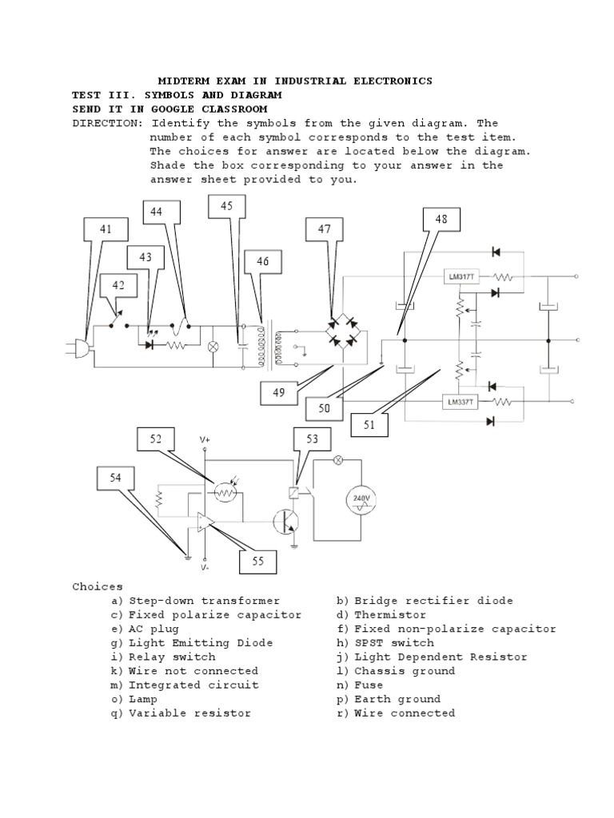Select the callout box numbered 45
[227, 206]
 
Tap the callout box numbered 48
[441, 219]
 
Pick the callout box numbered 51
[369, 425]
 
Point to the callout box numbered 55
[258, 562]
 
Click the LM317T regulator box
[460, 276]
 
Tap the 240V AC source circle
[360, 500]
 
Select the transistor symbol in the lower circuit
[286, 521]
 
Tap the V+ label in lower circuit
[205, 440]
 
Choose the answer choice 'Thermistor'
[390, 615]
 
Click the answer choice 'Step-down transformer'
[204, 601]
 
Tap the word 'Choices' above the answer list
[98, 586]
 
